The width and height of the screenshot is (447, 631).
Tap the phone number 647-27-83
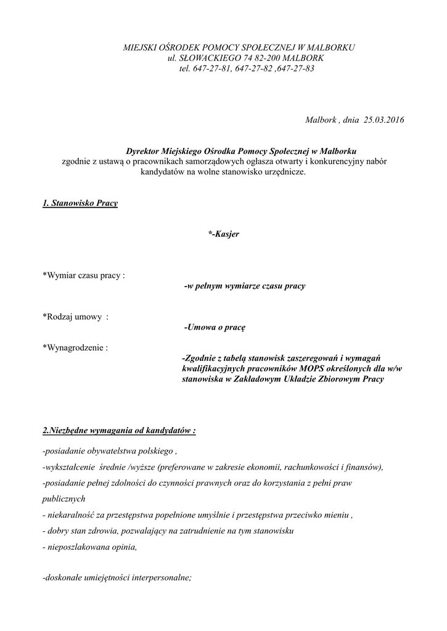(x=297, y=68)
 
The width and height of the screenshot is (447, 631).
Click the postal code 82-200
(x=256, y=57)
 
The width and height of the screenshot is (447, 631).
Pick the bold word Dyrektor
(x=142, y=151)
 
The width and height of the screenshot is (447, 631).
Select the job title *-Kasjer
(x=224, y=234)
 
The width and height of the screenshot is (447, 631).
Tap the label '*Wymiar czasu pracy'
(x=83, y=275)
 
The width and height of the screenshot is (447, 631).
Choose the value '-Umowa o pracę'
(x=215, y=328)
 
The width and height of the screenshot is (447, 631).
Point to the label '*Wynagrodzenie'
(x=75, y=348)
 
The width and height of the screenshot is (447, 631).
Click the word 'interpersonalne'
(x=160, y=578)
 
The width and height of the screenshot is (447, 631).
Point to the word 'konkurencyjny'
(x=335, y=161)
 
